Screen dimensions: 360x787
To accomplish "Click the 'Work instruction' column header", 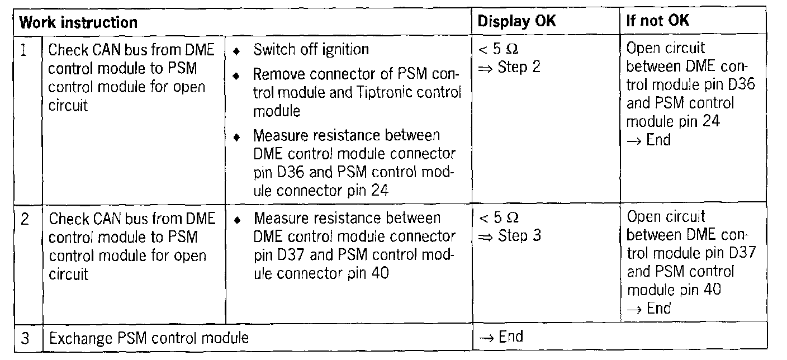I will [78, 22].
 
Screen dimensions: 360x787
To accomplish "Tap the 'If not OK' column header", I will [658, 21].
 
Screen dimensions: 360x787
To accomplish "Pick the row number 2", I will [25, 219].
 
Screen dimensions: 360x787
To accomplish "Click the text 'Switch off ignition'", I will [311, 50].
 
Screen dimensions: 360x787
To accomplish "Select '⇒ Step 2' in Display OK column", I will [509, 68].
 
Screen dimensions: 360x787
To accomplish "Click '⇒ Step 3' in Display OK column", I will [509, 236].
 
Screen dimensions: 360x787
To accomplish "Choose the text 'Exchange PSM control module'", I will [149, 338].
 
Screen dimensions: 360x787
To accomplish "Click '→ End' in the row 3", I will [500, 337].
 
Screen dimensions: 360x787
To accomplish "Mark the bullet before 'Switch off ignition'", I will [237, 51].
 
